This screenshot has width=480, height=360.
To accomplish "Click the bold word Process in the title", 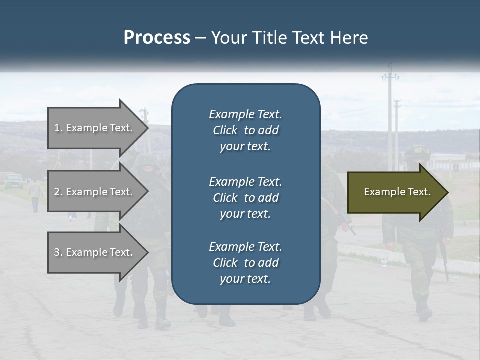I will [x=157, y=38].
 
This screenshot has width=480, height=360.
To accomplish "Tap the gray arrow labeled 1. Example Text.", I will [x=95, y=128].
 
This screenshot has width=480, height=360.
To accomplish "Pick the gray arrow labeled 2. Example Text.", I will [x=95, y=192].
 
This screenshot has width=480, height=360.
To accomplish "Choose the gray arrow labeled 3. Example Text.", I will [x=95, y=252].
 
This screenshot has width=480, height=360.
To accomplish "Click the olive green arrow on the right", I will [x=395, y=192].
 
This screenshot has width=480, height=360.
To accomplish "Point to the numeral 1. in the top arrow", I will [x=58, y=128].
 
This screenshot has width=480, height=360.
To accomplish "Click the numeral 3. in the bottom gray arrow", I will [x=58, y=252].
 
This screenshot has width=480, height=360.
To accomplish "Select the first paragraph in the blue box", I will [x=245, y=130].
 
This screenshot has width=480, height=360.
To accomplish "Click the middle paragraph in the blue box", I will [x=245, y=198].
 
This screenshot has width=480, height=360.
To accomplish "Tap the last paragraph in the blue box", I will [x=245, y=263].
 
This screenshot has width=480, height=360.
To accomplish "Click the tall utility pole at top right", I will [x=390, y=115].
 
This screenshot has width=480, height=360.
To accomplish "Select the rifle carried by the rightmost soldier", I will [x=444, y=260].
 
